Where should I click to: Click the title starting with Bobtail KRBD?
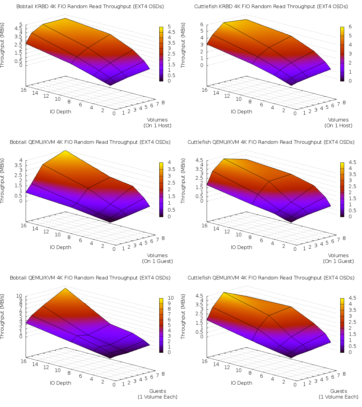(x=90, y=6)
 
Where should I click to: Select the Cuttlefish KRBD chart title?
(x=271, y=6)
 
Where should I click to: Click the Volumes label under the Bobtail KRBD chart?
(x=157, y=120)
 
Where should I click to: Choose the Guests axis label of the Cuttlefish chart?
(x=338, y=391)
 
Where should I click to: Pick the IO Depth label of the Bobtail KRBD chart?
(x=60, y=112)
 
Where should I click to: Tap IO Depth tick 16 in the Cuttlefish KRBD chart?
(x=204, y=90)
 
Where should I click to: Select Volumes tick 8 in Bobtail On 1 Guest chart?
(x=163, y=238)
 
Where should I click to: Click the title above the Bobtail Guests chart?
(x=90, y=278)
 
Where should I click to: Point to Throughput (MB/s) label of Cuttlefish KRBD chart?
(x=183, y=45)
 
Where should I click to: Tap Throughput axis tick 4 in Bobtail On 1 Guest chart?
(x=21, y=160)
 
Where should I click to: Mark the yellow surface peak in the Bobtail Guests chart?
(x=65, y=289)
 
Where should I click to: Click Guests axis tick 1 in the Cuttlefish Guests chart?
(x=304, y=384)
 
